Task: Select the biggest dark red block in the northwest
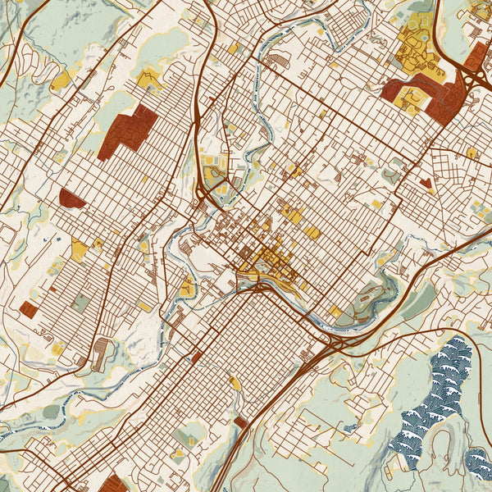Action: pos(128,131)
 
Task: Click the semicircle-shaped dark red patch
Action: pos(72,198)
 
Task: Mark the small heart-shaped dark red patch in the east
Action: pos(425,183)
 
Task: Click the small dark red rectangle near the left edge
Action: pos(29,309)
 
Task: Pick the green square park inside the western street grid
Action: pos(80,303)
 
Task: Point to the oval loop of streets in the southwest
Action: pos(102,353)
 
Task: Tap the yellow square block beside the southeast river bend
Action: pos(336,312)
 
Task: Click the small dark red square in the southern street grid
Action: pos(197,358)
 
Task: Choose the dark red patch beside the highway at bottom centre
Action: pos(240,422)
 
